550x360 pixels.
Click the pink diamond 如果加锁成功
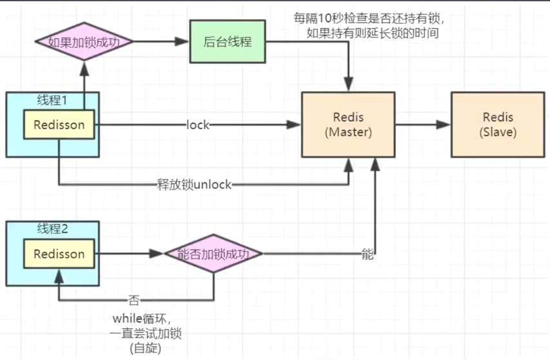[x=85, y=43]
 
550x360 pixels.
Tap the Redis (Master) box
[x=348, y=125]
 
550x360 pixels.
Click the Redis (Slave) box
[x=498, y=125]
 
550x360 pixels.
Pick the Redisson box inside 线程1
[x=59, y=125]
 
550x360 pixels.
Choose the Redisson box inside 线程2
[x=59, y=254]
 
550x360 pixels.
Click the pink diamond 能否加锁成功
[x=214, y=254]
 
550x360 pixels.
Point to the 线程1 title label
[x=52, y=100]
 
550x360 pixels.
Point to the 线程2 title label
[x=52, y=229]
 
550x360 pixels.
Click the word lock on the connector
[x=198, y=125]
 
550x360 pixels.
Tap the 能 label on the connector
[x=367, y=254]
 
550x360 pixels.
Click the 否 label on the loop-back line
[x=134, y=300]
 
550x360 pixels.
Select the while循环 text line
[x=139, y=319]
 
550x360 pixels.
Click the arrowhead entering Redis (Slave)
[x=445, y=125]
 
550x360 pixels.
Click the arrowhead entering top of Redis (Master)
[x=349, y=85]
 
